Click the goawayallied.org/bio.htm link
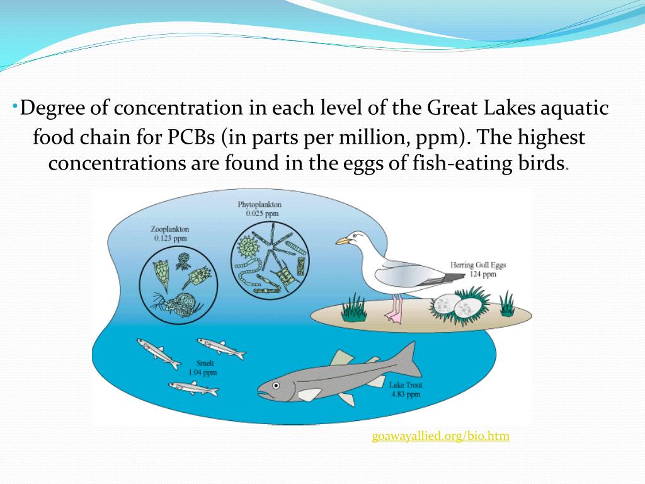[x=440, y=436]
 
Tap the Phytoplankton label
[x=260, y=205]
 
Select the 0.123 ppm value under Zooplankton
[x=170, y=239]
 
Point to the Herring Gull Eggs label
[x=478, y=265]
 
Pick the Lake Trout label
[x=406, y=386]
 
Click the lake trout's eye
[x=275, y=384]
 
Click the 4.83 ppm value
[x=405, y=395]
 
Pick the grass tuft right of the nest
[x=506, y=303]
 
